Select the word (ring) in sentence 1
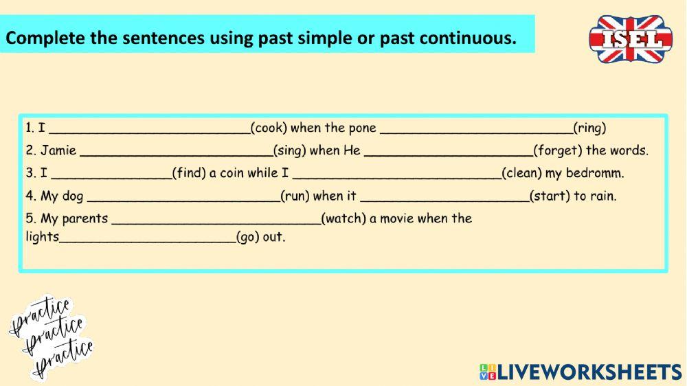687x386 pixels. (x=590, y=128)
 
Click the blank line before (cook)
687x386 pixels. (x=150, y=130)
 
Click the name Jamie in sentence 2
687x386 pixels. (x=58, y=150)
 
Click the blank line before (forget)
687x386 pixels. (x=448, y=153)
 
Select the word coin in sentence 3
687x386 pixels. (x=232, y=173)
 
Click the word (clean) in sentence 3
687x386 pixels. (x=521, y=173)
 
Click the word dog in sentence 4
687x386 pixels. (x=72, y=196)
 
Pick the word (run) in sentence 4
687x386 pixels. (x=295, y=196)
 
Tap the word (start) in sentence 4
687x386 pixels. (x=550, y=196)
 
